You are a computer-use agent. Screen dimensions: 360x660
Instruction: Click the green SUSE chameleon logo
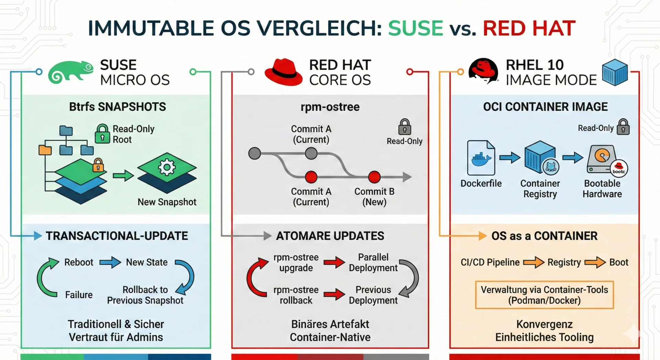[x=70, y=72]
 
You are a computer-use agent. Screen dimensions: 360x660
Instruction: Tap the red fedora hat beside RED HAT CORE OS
[x=283, y=72]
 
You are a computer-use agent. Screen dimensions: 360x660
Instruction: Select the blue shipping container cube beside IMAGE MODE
[x=615, y=72]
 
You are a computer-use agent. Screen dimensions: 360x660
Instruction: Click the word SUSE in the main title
[x=415, y=28]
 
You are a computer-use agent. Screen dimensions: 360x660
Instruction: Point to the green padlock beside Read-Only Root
[x=102, y=133]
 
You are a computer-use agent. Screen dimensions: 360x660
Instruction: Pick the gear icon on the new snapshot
[x=167, y=167]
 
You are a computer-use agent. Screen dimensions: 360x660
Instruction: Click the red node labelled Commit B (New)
[x=374, y=177]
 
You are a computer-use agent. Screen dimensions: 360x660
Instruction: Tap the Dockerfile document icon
[x=481, y=158]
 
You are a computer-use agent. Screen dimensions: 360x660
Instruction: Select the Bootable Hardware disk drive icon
[x=602, y=159]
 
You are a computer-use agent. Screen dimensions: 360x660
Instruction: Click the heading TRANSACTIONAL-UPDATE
[x=117, y=236]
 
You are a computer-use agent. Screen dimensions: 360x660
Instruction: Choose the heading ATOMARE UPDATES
[x=330, y=236]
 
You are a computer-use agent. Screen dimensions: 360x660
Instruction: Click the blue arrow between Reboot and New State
[x=110, y=262]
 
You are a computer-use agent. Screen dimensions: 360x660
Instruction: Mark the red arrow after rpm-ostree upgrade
[x=334, y=263]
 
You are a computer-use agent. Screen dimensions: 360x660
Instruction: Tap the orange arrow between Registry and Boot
[x=595, y=262]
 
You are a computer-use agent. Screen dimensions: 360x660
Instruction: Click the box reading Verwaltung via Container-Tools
[x=544, y=295]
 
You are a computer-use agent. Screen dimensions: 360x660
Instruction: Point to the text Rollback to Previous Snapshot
[x=145, y=295]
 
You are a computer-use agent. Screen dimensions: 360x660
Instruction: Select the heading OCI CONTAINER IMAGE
[x=545, y=107]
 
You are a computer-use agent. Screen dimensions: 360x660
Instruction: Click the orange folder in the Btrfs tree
[x=45, y=150]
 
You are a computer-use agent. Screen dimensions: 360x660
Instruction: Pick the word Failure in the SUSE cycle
[x=79, y=295]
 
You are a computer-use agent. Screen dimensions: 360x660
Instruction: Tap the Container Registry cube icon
[x=540, y=157]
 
